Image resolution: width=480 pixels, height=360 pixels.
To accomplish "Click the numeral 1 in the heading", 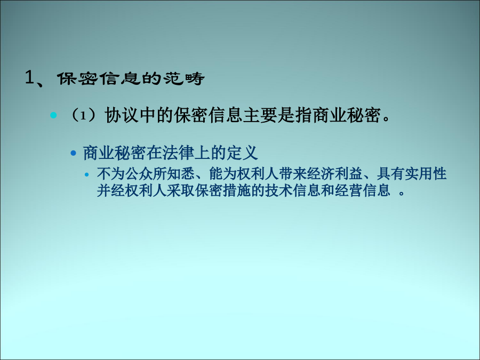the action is tap(29, 77).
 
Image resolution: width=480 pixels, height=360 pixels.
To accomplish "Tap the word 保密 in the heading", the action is tap(77, 78).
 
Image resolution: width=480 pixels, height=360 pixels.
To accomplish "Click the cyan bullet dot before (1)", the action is tap(53, 115).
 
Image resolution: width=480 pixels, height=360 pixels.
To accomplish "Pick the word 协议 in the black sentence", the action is tap(121, 116).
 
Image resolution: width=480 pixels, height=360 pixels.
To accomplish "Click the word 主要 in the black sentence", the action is tap(260, 116).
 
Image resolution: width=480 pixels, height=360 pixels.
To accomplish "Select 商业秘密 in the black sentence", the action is tap(347, 116).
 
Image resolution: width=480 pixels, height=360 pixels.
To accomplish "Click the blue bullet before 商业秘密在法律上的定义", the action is tap(73, 153).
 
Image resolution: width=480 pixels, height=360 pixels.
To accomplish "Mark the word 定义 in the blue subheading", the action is tap(242, 153).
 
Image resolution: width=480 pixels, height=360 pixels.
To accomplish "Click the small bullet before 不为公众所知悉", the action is tap(86, 175).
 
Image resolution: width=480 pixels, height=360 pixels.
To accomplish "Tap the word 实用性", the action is tap(426, 174).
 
